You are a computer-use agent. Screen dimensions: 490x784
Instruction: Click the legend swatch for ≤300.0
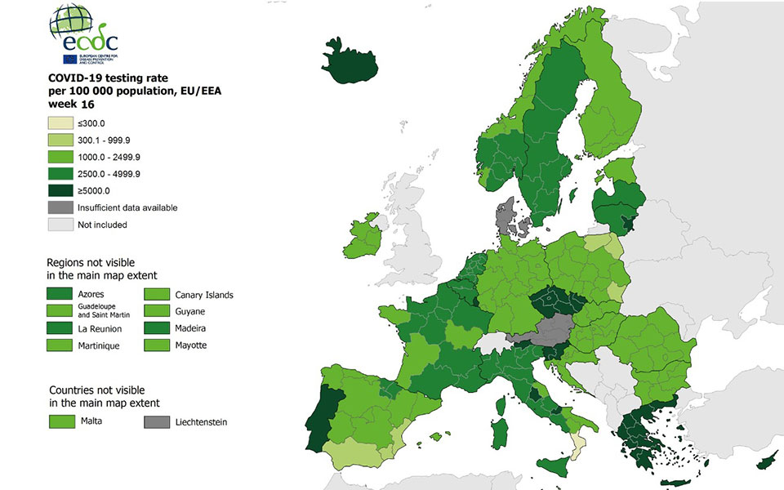pyautogui.click(x=60, y=123)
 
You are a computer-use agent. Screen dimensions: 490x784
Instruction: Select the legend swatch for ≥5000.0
pyautogui.click(x=60, y=190)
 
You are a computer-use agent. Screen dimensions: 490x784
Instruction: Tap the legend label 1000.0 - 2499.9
pyautogui.click(x=109, y=157)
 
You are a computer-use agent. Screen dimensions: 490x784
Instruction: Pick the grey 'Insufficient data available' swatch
pyautogui.click(x=60, y=207)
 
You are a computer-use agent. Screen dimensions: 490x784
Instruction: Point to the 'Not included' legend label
pyautogui.click(x=102, y=225)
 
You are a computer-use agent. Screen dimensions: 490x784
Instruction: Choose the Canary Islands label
pyautogui.click(x=204, y=294)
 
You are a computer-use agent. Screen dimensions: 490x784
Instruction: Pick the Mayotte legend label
pyautogui.click(x=191, y=345)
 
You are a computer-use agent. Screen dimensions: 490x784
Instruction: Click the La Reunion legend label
pyautogui.click(x=100, y=328)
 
